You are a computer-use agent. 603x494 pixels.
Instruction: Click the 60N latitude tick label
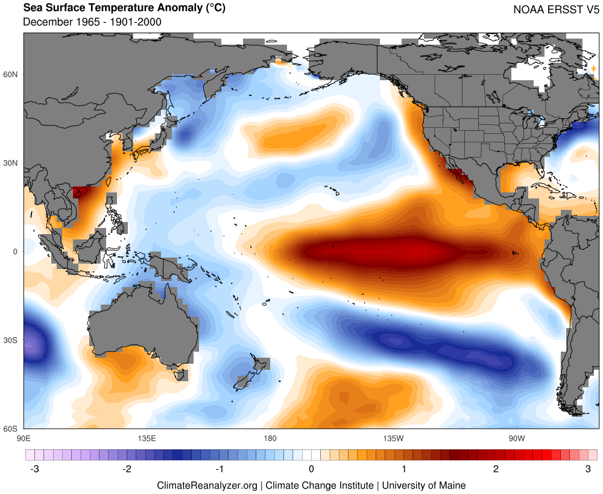point(12,74)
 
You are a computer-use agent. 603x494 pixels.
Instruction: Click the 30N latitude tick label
point(12,163)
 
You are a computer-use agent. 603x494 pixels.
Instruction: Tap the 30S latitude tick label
point(12,340)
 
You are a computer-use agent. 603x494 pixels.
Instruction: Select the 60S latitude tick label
point(12,429)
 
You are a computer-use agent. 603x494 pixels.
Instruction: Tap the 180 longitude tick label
point(270,439)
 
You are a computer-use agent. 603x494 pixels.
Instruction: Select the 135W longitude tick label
point(393,439)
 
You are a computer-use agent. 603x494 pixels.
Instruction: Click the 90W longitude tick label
point(516,439)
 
